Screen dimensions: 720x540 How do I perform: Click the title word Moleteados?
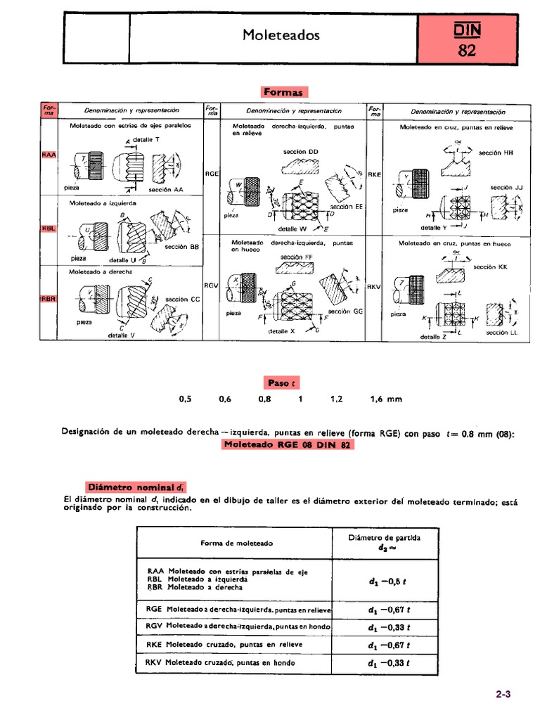point(281,34)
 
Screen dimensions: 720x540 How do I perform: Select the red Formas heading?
point(284,92)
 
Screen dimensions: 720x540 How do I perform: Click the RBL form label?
point(49,228)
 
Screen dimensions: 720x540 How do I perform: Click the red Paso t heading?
point(283,382)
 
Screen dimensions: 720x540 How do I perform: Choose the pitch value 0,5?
point(185,399)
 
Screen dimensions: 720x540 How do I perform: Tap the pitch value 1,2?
point(336,399)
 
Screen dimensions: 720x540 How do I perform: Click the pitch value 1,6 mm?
point(386,399)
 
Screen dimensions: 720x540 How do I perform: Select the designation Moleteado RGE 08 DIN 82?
point(288,445)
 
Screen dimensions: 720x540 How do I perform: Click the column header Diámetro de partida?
point(385,538)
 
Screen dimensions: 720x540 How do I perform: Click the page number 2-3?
point(503,694)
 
